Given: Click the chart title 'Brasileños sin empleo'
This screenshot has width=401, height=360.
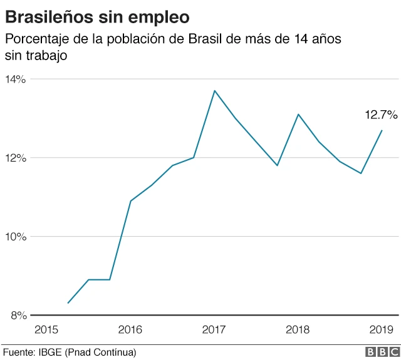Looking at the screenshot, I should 98,14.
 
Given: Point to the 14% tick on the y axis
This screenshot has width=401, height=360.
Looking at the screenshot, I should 15,80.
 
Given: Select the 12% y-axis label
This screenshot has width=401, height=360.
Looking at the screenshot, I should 15,158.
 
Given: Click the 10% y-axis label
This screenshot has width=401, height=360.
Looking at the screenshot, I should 15,237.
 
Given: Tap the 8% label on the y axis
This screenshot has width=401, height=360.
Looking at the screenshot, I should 18,316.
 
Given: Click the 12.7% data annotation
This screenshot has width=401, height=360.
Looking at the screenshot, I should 381,115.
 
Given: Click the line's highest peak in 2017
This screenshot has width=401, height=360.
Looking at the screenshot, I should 214,91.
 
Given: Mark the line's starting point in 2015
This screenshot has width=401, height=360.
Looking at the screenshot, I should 68,303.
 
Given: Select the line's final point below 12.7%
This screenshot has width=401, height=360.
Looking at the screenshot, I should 382,130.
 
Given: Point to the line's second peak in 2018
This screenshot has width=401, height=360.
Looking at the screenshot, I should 298,115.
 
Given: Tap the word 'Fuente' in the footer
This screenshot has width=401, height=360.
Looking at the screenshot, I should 17,352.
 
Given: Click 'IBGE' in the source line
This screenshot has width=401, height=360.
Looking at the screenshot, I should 49,352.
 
